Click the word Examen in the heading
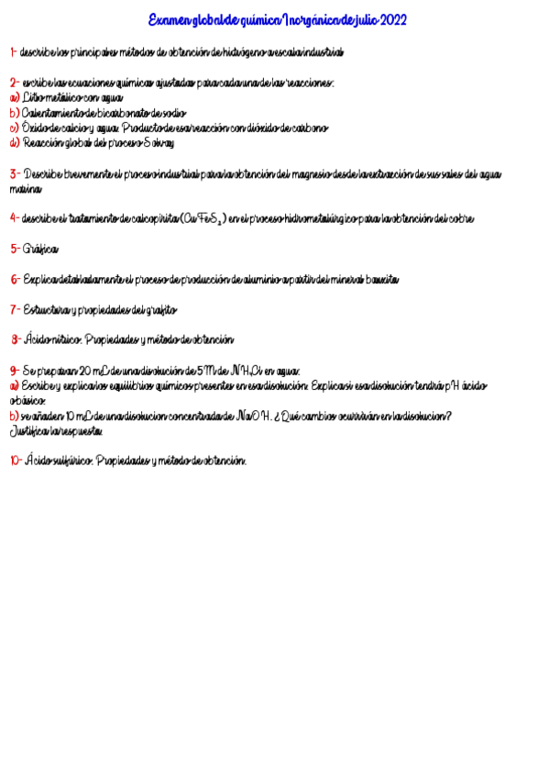pyautogui.click(x=170, y=20)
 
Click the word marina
pyautogui.click(x=25, y=188)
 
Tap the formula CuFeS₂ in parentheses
pyautogui.click(x=203, y=218)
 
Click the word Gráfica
pyautogui.click(x=40, y=249)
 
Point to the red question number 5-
pyautogui.click(x=15, y=249)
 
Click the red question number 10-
pyautogui.click(x=16, y=461)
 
